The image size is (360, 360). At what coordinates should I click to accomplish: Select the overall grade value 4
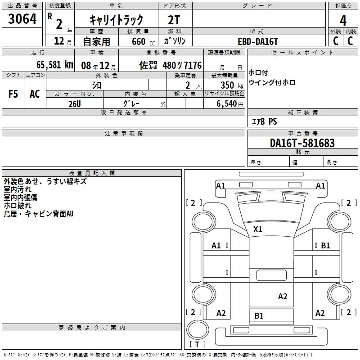[343, 20]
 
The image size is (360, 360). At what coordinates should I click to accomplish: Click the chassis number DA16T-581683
[302, 144]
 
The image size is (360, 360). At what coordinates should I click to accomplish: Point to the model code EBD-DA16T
[258, 41]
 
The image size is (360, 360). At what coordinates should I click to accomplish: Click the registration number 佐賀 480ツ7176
[170, 65]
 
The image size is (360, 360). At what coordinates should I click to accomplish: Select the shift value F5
[13, 94]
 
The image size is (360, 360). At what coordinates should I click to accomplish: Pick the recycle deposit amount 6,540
[227, 103]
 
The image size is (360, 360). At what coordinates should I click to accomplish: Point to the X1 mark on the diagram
[257, 229]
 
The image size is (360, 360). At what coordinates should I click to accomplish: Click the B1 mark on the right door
[325, 246]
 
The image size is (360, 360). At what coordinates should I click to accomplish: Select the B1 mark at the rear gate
[259, 316]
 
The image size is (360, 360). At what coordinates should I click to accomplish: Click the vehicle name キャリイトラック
[116, 20]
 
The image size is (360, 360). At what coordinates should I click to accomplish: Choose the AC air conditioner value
[35, 94]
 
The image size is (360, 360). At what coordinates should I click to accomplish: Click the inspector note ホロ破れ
[18, 206]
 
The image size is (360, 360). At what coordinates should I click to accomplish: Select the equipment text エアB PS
[264, 122]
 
